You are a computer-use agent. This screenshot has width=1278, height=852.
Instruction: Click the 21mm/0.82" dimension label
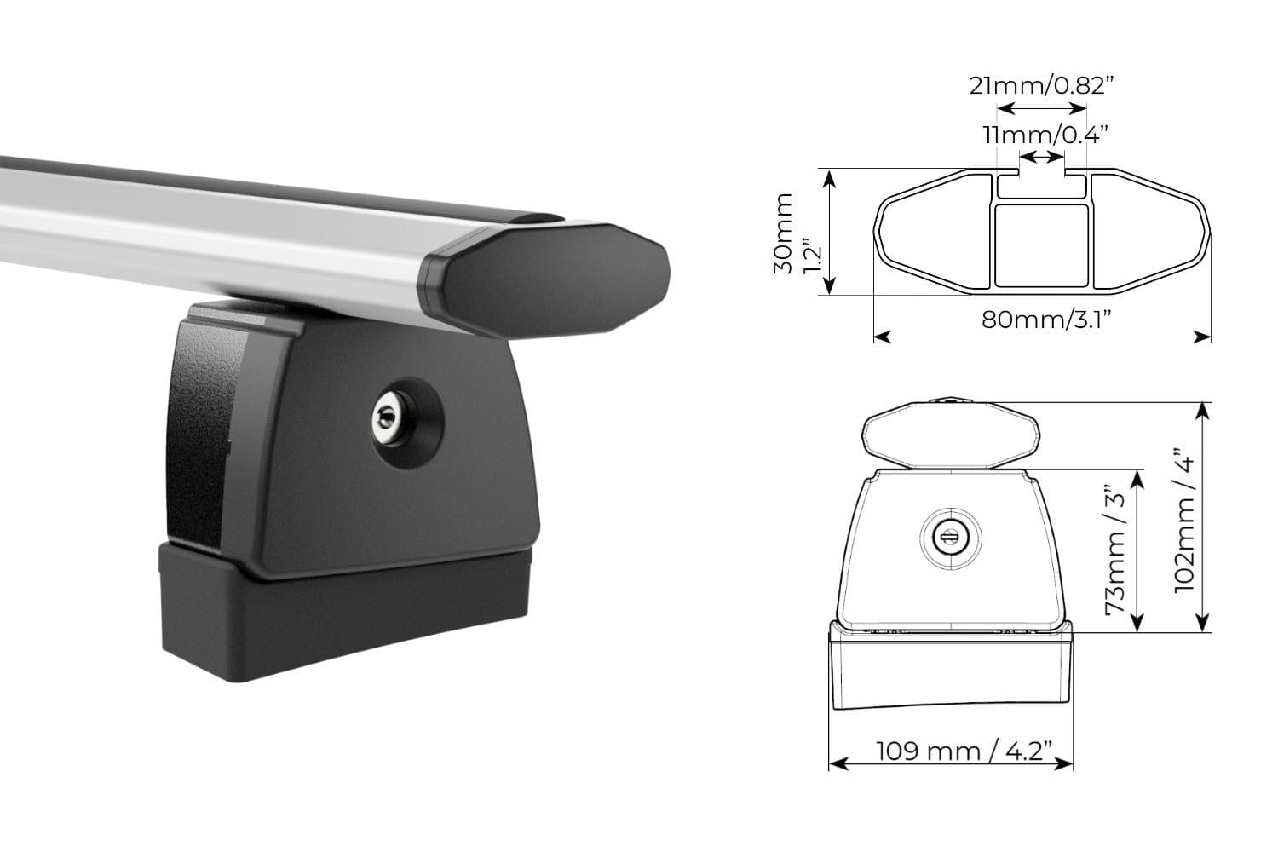click(x=1042, y=85)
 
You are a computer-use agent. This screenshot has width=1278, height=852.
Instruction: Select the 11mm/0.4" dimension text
click(x=1044, y=134)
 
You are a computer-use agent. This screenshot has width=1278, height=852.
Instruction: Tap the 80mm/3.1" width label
click(x=1047, y=319)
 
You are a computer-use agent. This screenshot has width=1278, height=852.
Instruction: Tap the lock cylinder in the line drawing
click(x=951, y=537)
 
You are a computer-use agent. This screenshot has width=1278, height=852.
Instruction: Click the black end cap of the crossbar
click(x=554, y=277)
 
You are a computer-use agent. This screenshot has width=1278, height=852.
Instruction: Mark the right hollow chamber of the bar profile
click(x=1146, y=230)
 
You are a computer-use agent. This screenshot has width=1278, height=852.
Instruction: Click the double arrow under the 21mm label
click(x=1042, y=109)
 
